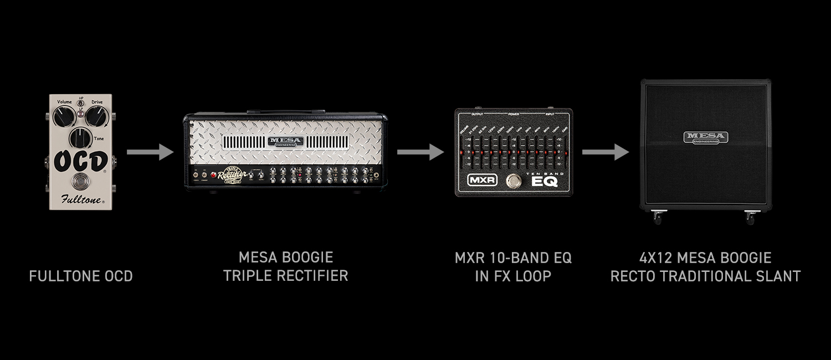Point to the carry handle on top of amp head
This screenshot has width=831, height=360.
coord(286,111)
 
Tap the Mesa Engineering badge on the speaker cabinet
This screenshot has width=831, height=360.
coord(705,137)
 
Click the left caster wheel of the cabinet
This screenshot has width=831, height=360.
coord(657,218)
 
